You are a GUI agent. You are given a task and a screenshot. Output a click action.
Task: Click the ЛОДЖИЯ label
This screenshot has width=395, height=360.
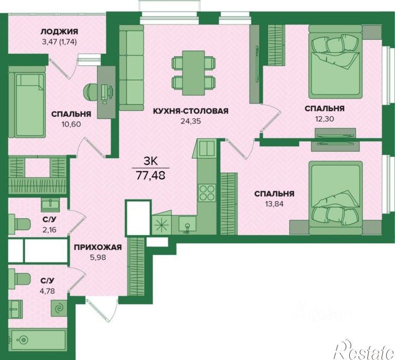59,32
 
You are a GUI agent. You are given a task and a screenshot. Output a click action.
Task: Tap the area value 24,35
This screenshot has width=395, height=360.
191,121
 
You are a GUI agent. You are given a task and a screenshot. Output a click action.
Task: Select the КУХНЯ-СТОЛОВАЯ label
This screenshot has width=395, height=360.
191,111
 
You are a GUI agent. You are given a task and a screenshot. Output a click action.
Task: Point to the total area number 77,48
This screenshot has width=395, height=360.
150,175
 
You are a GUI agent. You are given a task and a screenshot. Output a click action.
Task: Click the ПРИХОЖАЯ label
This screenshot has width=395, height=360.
98,247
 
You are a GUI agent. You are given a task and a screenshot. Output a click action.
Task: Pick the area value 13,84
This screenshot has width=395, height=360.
275,204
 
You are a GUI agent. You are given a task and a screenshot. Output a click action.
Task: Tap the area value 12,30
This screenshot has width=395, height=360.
325,118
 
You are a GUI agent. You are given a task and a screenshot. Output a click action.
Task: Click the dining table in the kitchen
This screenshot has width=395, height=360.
193,73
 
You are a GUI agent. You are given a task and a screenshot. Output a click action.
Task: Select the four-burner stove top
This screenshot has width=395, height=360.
206,193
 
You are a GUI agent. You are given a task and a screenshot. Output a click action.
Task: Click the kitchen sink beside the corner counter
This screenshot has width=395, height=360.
187,225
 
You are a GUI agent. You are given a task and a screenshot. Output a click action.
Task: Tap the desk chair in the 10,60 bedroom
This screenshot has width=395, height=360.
90,92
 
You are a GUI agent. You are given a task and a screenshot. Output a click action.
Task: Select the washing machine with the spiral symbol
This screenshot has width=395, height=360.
59,308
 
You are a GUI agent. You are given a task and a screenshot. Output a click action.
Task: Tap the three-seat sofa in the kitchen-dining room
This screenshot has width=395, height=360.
131,68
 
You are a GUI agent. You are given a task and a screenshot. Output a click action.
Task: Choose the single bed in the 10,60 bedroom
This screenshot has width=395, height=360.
27,102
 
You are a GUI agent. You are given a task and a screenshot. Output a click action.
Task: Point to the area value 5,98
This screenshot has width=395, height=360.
98,257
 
